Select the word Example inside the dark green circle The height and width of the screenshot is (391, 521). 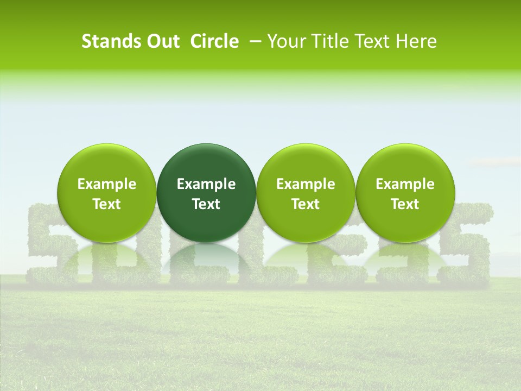(x=206, y=184)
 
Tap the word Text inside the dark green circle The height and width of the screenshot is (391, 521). (x=206, y=204)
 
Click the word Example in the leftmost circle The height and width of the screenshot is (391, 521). (x=107, y=184)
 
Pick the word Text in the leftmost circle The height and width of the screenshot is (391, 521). (x=107, y=204)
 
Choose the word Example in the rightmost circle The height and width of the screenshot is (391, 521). (x=405, y=184)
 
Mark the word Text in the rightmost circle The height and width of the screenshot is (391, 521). (x=405, y=204)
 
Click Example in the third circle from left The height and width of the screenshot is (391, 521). (x=306, y=184)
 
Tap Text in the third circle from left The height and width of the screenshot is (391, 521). (x=306, y=204)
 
